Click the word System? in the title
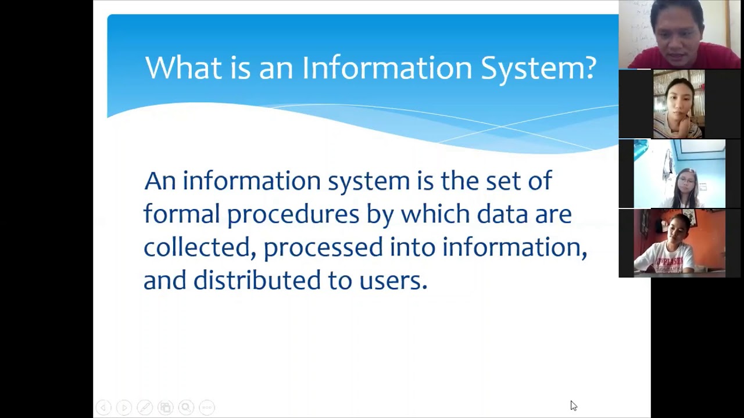point(538,68)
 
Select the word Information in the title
point(387,68)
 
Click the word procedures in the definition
point(293,215)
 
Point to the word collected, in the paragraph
point(199,247)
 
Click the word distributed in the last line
point(257,280)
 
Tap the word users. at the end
point(393,281)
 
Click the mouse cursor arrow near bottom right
point(573,405)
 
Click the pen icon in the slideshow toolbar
point(145,408)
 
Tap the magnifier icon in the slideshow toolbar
point(186,408)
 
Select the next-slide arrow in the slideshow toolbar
point(124,408)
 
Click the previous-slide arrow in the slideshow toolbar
point(103,408)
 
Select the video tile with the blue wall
point(679,174)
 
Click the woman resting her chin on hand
point(678,105)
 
